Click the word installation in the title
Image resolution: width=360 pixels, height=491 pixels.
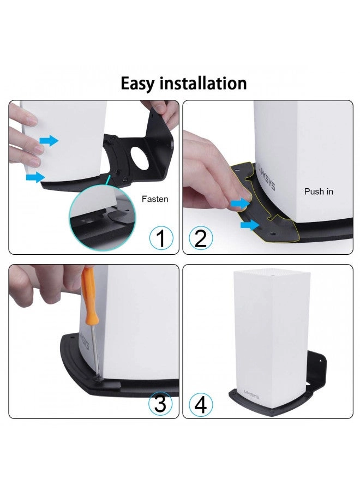pyautogui.click(x=204, y=83)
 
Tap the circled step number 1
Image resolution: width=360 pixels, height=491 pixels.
pyautogui.click(x=160, y=238)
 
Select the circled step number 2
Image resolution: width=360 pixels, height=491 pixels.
pyautogui.click(x=200, y=238)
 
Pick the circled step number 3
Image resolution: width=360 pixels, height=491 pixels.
pyautogui.click(x=160, y=404)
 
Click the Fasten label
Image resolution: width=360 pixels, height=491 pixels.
pyautogui.click(x=155, y=199)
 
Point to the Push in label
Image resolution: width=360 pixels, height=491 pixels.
pyautogui.click(x=319, y=191)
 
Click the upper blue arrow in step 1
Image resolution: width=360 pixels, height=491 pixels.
pyautogui.click(x=49, y=141)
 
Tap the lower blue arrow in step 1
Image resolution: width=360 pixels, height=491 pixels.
pyautogui.click(x=35, y=176)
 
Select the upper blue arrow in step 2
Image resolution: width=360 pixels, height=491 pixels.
pyautogui.click(x=239, y=203)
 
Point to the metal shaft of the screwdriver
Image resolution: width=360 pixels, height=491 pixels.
pyautogui.click(x=96, y=349)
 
